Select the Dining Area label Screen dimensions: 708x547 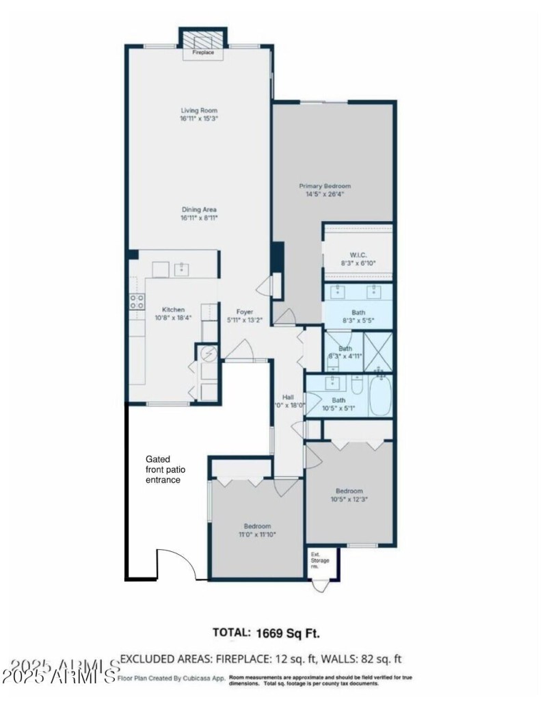199,214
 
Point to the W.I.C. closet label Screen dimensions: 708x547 358,258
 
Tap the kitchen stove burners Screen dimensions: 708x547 137,302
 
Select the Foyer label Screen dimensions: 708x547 245,315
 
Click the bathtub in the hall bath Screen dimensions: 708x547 380,397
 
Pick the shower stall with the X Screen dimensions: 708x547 379,352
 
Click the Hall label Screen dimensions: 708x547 289,400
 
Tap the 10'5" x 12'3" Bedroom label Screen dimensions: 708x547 349,495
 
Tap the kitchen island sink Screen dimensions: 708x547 182,269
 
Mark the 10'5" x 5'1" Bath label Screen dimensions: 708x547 338,405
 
